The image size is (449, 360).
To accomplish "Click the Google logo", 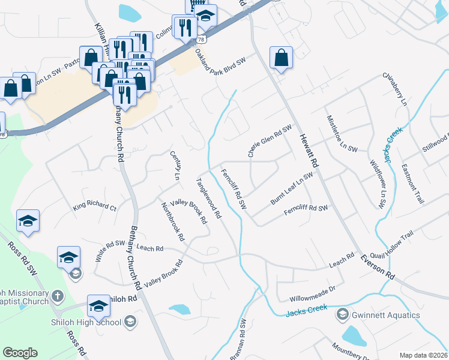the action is click(20, 353).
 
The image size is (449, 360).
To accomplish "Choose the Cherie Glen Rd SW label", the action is click(270, 142).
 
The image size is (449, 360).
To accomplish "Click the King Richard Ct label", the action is click(94, 206).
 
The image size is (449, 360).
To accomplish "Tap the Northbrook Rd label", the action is click(172, 221).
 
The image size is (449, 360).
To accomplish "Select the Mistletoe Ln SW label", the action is click(342, 133).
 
